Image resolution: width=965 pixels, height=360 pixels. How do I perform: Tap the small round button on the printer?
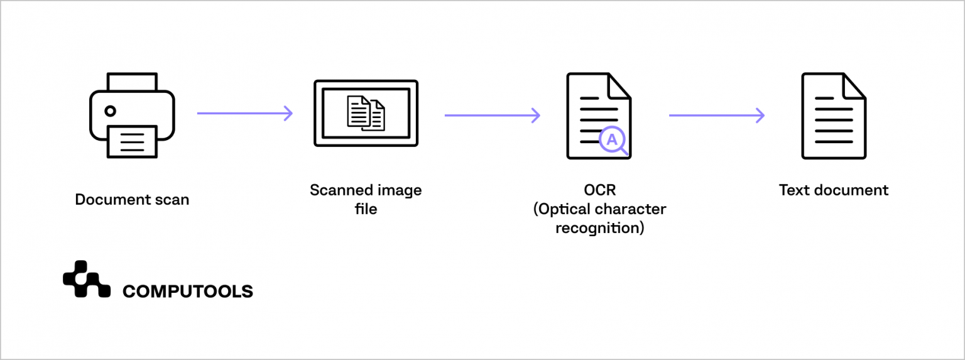point(110,111)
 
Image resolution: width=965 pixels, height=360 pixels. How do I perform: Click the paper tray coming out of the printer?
point(132,142)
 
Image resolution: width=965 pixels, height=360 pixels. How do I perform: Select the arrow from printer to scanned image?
point(245,113)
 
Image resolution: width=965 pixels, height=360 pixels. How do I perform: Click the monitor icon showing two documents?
point(366,114)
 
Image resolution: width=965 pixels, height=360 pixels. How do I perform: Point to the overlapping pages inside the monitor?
point(366,112)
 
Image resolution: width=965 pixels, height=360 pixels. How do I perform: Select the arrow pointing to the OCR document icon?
point(493,116)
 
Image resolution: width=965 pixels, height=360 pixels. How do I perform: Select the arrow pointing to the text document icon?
point(717,116)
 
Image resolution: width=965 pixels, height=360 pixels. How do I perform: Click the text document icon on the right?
point(834,116)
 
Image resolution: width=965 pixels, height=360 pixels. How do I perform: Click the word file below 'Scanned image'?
point(366,209)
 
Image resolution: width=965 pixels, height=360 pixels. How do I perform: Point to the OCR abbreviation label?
point(600,190)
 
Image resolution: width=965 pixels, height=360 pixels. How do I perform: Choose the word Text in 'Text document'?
point(794,190)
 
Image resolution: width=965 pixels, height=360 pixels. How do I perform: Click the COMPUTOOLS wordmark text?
point(188,292)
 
